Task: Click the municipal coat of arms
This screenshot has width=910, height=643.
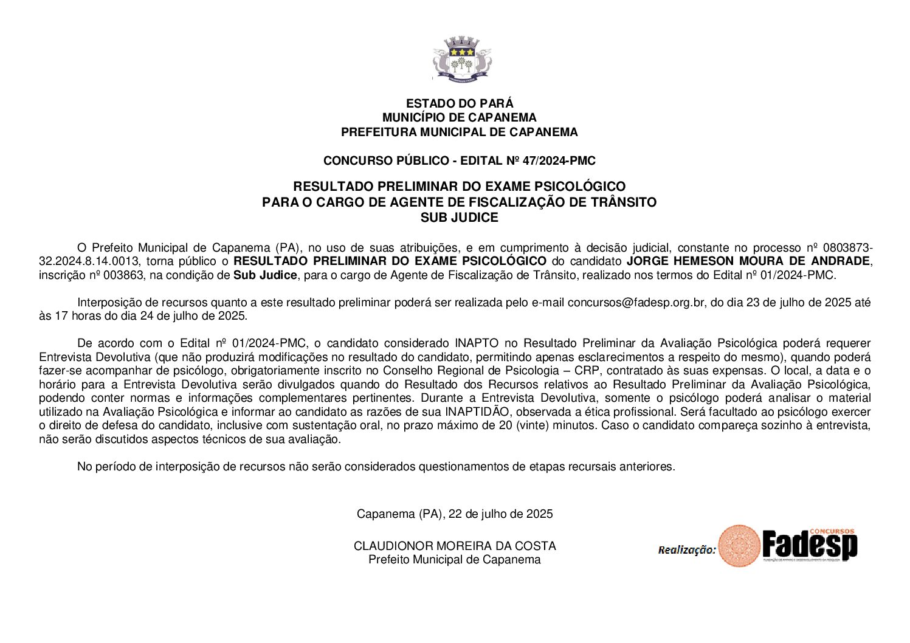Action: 461,59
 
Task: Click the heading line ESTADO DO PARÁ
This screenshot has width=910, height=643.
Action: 460,103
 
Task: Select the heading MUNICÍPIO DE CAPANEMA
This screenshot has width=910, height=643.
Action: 459,117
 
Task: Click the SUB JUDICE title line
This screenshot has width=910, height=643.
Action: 459,218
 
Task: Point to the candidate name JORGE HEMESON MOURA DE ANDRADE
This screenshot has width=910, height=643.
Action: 748,261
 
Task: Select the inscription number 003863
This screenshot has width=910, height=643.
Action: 126,275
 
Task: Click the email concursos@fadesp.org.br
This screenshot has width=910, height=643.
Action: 636,303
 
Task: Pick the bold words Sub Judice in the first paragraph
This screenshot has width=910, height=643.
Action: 265,275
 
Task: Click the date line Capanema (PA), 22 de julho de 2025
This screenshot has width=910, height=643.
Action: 455,514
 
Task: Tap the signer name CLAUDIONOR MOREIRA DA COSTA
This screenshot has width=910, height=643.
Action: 455,546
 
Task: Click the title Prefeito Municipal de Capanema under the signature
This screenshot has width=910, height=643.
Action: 454,560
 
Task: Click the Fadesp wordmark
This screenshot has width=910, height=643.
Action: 810,545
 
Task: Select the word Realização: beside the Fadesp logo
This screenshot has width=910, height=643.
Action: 687,550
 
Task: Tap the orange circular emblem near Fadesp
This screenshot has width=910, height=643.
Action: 739,546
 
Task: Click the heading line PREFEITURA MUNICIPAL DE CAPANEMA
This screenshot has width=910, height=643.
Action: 459,132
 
